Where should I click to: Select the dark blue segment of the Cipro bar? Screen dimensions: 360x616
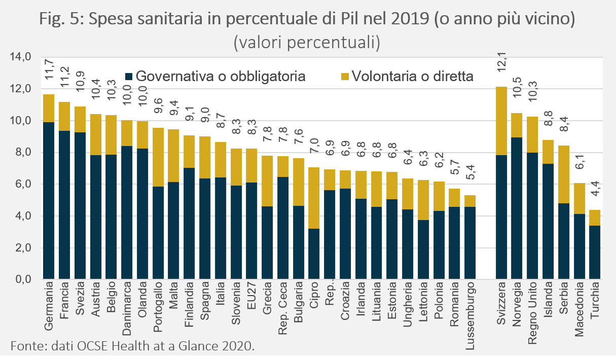[x=314, y=254]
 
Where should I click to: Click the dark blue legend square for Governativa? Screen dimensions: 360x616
[x=128, y=77]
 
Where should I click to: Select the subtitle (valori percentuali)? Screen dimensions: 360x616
[x=307, y=43]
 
